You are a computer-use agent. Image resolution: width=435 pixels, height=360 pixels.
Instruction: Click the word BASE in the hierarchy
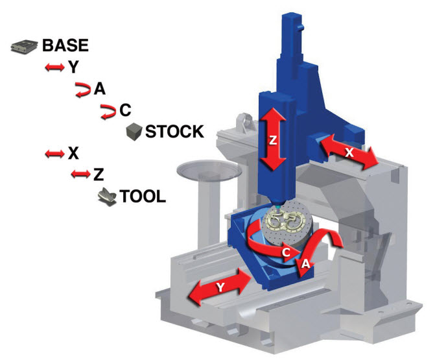tap(65, 45)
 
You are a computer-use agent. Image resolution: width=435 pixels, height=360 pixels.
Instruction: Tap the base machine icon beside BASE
tap(24, 46)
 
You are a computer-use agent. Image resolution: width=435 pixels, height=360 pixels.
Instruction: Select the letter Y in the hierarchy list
tap(73, 67)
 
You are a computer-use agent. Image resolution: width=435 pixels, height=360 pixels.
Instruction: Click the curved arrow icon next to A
tap(83, 90)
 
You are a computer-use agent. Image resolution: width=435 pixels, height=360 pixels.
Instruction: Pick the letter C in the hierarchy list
tap(125, 110)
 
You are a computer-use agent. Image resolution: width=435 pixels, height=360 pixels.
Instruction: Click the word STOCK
tap(175, 132)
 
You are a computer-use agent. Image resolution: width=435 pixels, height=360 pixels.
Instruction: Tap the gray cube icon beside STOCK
tap(134, 132)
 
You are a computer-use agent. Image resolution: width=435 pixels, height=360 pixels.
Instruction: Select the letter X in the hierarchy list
tap(73, 153)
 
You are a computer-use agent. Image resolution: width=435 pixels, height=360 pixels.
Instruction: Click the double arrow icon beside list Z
tap(81, 174)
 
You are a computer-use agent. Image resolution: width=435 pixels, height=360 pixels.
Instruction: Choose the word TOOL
tap(143, 197)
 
